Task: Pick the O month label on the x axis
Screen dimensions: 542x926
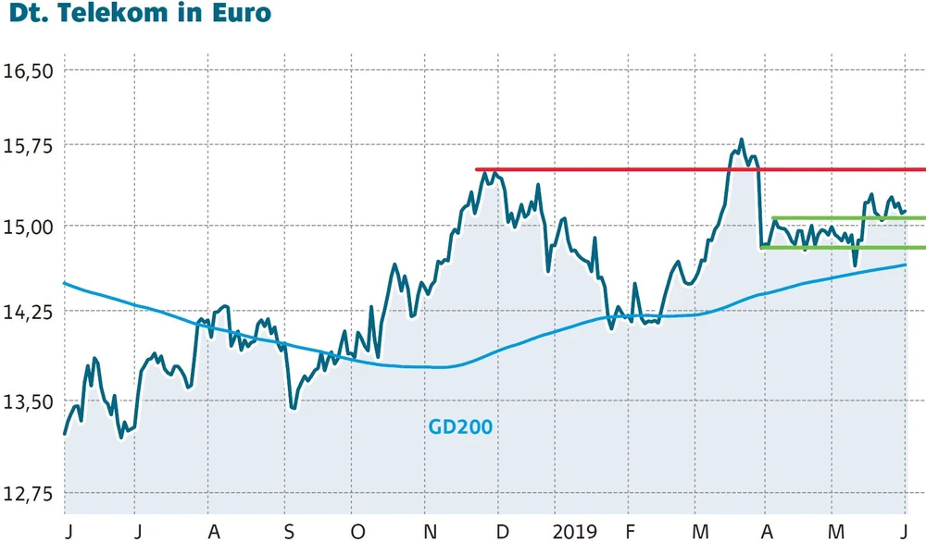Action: pyautogui.click(x=358, y=532)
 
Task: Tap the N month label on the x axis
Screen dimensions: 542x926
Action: pyautogui.click(x=429, y=532)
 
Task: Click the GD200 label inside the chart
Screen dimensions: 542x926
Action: pyautogui.click(x=460, y=427)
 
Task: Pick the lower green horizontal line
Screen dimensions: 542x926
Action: pyautogui.click(x=843, y=247)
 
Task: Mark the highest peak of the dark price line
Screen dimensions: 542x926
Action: pyautogui.click(x=741, y=141)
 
